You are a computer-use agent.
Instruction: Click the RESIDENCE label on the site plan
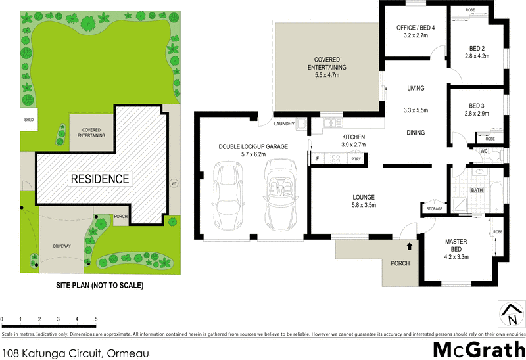click(x=100, y=179)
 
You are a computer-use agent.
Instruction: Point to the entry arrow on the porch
click(x=410, y=247)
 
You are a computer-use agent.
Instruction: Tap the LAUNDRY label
click(x=285, y=124)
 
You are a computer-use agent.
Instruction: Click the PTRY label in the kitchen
click(x=356, y=158)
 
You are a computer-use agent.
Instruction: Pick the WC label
click(x=483, y=152)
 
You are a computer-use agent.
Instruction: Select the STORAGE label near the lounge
click(x=435, y=210)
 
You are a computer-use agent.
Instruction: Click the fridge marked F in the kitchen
click(x=318, y=158)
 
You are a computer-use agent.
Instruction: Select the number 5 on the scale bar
click(x=97, y=319)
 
